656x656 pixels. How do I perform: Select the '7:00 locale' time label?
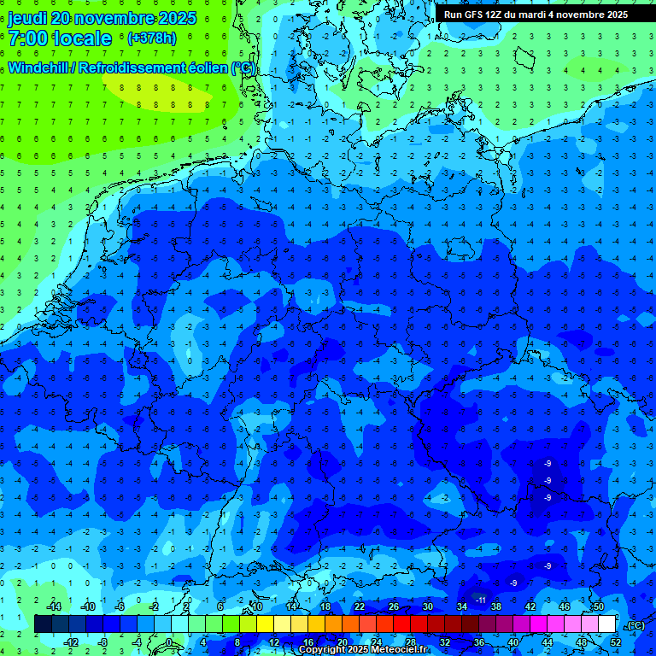60,38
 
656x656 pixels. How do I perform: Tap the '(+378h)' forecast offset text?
152,38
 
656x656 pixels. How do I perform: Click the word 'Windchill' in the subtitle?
41,67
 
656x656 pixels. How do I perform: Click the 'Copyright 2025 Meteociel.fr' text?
363,650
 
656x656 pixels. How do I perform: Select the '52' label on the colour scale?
615,641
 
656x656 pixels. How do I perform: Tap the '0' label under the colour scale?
170,641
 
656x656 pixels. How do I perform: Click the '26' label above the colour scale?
394,606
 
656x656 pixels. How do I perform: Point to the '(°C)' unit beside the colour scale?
635,625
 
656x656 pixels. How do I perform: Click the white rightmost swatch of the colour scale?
607,624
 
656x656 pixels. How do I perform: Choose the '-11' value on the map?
480,600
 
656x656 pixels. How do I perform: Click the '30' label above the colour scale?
428,606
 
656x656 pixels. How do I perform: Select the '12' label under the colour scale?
273,641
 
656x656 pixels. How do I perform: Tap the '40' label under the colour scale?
512,641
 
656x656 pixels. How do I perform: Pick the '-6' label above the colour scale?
120,606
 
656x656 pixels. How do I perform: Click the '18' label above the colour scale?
325,606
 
